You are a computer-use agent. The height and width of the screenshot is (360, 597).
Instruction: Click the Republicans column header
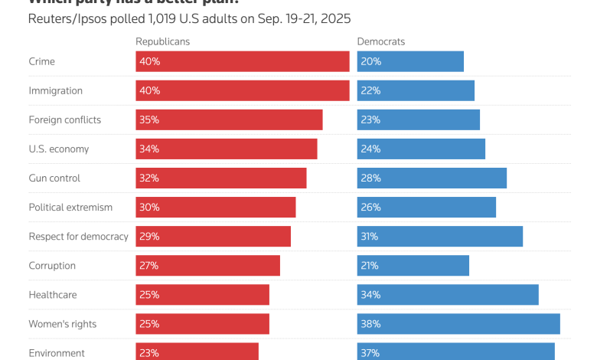coord(162,41)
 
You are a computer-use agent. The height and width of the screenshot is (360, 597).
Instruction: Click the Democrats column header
coord(381,41)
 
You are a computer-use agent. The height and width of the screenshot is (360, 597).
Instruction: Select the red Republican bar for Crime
coord(243,61)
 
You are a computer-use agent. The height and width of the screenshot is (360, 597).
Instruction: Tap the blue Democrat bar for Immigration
coord(416,90)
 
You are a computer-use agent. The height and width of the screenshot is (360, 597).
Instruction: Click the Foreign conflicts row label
coord(64,120)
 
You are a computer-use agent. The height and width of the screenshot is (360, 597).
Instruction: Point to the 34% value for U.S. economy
coord(148,149)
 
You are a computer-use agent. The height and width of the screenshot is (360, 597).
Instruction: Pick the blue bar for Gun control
coord(432,178)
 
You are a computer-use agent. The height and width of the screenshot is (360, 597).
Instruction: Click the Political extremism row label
coord(70,208)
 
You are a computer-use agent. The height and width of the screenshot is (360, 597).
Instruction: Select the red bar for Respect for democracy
coord(214,237)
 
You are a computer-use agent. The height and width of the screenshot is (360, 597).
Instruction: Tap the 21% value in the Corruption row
coord(370,266)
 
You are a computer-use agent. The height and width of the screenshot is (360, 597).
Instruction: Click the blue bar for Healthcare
coord(448,295)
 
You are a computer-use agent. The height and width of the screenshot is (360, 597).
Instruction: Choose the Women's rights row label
coord(63,324)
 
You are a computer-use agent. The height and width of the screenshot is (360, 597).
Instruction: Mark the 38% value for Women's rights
coord(370,324)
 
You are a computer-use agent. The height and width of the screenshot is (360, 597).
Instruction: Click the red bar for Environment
coord(197,352)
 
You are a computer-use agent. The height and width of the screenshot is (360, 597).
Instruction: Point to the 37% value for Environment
coord(370,353)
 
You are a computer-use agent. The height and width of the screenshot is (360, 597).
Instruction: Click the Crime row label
coord(41,61)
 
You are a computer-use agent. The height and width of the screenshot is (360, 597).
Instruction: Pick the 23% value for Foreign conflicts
coord(370,120)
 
